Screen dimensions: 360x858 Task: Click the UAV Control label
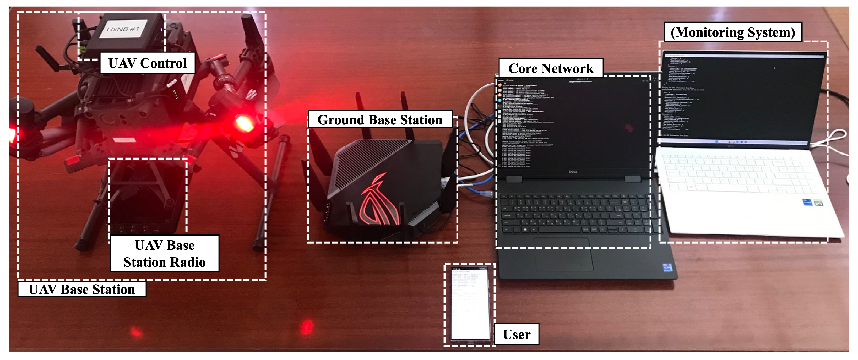pos(148,63)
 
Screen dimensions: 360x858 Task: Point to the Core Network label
pos(551,69)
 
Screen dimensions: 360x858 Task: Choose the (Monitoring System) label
pos(733,32)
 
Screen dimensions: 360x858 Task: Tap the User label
pos(516,334)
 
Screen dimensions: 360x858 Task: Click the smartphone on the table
pos(469,305)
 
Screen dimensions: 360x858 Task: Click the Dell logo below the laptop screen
pos(573,172)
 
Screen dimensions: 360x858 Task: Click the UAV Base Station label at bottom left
pos(82,290)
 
